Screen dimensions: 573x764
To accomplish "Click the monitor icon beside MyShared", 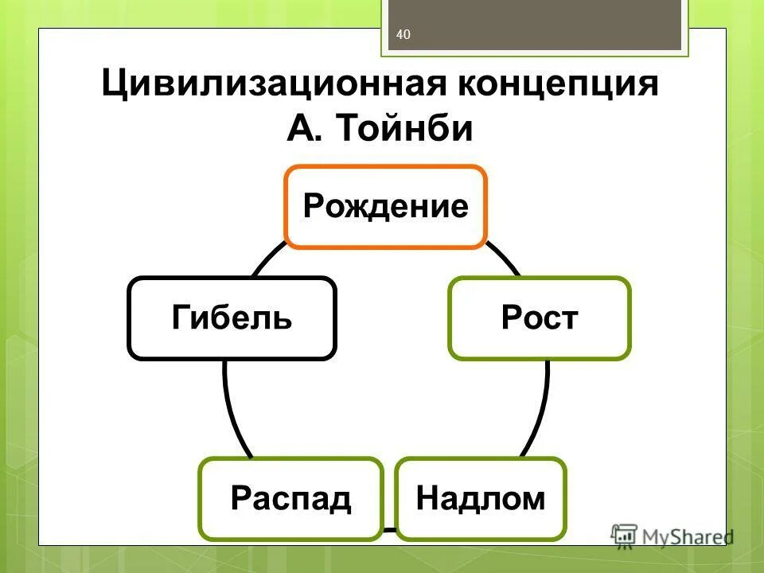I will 625,535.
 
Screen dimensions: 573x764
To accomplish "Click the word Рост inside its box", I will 540,318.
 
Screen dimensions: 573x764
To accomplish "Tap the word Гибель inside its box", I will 232,318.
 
